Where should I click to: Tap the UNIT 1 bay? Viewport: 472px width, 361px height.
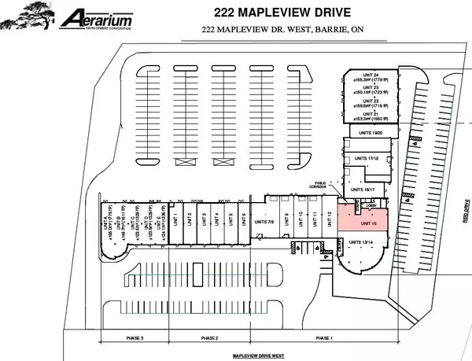(177, 219)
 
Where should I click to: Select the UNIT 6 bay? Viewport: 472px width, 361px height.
(244, 219)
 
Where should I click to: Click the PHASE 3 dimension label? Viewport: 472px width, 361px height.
(135, 338)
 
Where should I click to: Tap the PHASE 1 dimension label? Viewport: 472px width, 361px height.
(323, 338)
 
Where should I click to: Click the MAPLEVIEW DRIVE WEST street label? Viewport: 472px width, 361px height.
(259, 355)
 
